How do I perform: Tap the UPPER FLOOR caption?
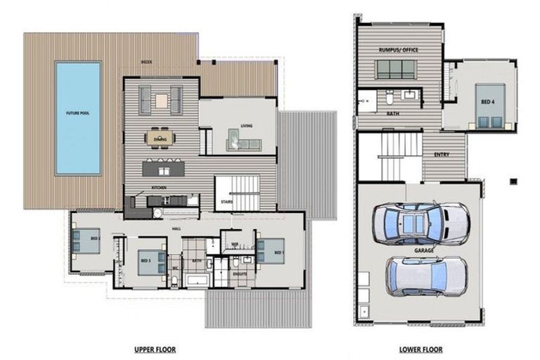coord(155,349)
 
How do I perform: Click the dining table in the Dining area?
coord(160,136)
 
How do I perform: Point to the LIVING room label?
coord(246,127)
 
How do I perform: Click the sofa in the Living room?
coord(243,143)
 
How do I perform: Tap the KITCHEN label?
coord(158,188)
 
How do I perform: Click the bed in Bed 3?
coord(150,262)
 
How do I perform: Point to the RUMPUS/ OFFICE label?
coord(399,49)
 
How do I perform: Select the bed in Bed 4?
coord(486,105)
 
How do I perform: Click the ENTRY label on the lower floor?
coord(442,155)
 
